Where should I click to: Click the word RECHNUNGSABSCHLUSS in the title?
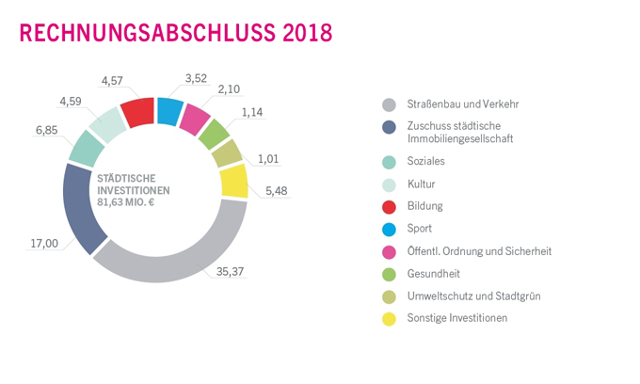click(146, 32)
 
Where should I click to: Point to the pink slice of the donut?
click(195, 120)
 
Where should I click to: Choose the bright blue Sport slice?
click(169, 111)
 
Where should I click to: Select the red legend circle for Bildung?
click(388, 205)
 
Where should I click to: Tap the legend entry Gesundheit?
click(434, 273)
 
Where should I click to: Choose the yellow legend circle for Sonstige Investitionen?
click(388, 318)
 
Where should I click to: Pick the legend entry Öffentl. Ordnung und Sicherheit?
click(479, 250)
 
